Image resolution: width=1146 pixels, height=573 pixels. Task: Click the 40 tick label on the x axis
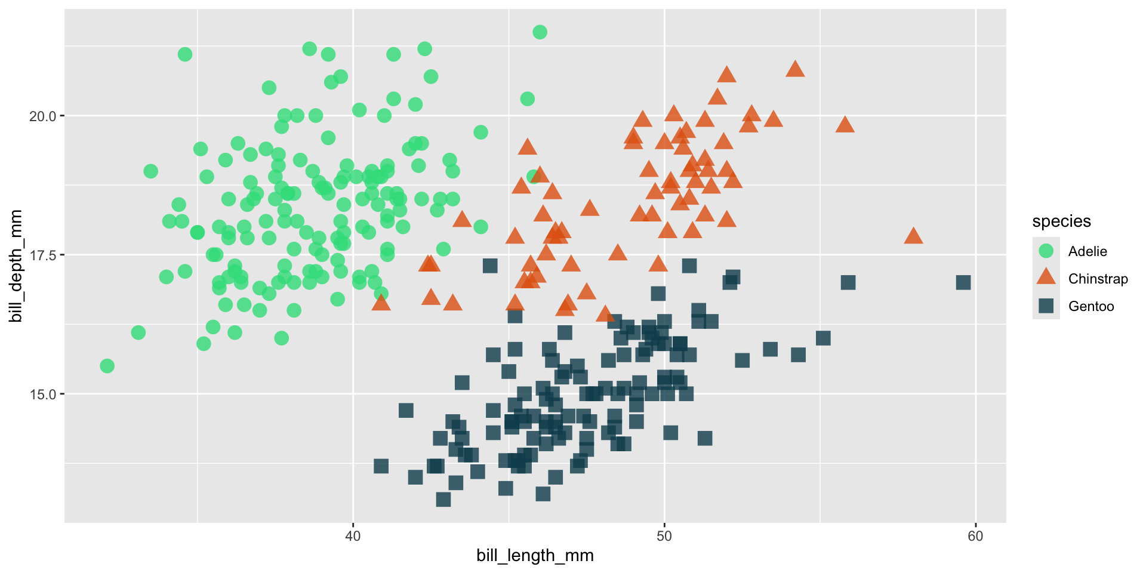353,535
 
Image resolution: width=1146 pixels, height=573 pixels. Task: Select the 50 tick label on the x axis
664,535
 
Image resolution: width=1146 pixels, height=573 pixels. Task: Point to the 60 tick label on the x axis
975,535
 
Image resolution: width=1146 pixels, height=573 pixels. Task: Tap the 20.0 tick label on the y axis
43,116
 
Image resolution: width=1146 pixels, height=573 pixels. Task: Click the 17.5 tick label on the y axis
43,255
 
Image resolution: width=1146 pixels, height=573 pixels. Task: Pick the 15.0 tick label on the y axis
43,394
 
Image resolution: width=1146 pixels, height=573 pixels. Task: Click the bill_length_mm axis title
535,556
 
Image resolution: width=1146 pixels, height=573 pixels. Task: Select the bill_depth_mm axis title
16,266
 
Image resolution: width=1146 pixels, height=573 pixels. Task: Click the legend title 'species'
1061,221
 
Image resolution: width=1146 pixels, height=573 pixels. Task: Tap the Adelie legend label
1088,251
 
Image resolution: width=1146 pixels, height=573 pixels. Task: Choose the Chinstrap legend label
1098,279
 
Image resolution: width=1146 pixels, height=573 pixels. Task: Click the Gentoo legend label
1091,306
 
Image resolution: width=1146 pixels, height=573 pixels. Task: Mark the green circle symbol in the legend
1046,251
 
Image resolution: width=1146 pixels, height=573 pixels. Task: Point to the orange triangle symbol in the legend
1046,278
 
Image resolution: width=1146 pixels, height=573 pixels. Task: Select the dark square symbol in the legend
1046,306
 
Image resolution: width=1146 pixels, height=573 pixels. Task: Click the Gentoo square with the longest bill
963,282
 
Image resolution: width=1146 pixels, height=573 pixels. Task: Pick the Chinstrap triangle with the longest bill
913,236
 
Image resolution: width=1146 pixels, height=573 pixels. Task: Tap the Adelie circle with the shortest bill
107,366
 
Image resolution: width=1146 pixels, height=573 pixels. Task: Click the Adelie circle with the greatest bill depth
540,32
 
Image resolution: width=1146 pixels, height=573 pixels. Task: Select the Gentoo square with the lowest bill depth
443,500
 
